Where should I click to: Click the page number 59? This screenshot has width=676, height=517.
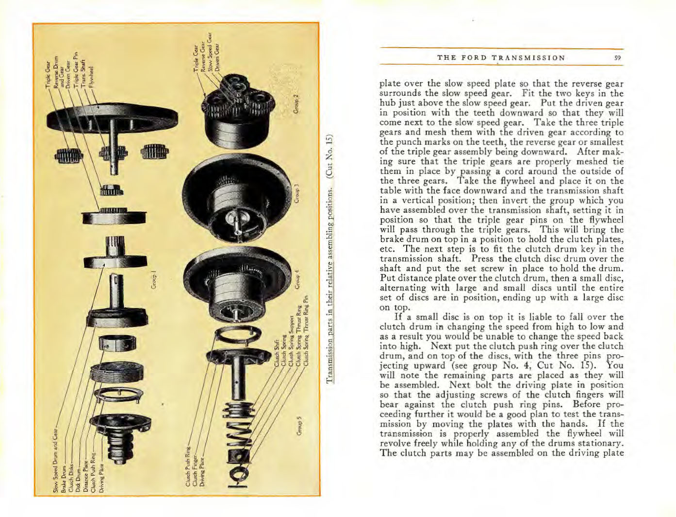point(617,58)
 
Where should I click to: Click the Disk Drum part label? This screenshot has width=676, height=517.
point(78,479)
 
